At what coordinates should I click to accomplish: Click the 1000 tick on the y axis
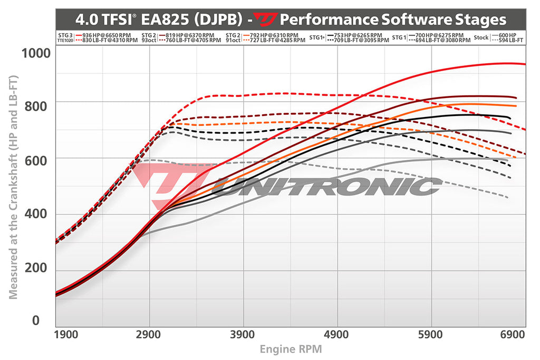36,54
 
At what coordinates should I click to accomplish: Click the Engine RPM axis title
291,349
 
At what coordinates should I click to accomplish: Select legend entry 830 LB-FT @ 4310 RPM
111,41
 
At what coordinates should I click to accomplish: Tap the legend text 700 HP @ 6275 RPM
439,35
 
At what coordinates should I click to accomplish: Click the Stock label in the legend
481,38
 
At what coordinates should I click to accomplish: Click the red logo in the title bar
263,20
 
